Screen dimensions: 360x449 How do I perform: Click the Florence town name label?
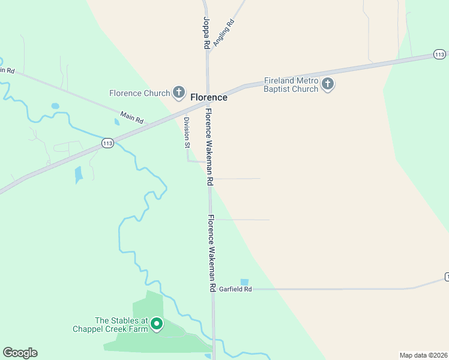click(x=209, y=97)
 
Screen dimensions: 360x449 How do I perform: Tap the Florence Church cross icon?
click(x=178, y=92)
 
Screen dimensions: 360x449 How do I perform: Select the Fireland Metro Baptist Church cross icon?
click(x=327, y=84)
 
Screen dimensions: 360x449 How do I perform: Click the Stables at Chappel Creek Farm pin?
click(x=157, y=324)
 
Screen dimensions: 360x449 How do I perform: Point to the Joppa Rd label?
click(x=206, y=33)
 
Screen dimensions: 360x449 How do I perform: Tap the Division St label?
click(x=186, y=133)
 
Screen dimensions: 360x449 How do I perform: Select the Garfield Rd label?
click(x=235, y=289)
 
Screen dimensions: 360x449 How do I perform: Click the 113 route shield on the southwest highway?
click(x=107, y=143)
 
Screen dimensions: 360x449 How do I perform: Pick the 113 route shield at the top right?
click(x=439, y=55)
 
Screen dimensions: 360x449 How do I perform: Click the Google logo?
click(x=20, y=353)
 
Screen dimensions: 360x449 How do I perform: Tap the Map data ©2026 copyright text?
click(x=423, y=355)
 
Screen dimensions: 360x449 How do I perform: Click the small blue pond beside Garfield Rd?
click(x=244, y=282)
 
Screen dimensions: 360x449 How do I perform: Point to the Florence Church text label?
click(x=140, y=93)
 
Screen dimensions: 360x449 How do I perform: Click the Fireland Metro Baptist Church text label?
click(x=291, y=85)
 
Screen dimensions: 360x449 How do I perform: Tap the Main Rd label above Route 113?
click(x=132, y=117)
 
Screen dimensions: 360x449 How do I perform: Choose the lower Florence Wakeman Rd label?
click(x=211, y=253)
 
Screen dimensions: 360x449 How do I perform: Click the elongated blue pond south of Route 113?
click(x=79, y=175)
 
